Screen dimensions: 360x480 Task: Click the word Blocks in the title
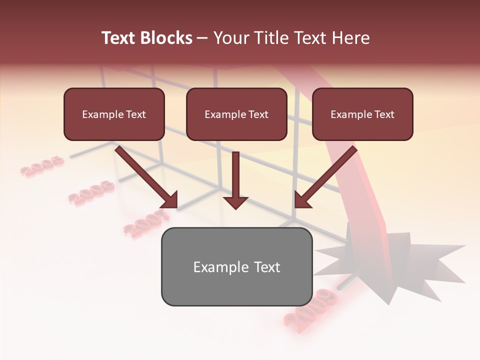pyautogui.click(x=166, y=38)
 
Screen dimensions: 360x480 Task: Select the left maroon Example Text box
pyautogui.click(x=114, y=114)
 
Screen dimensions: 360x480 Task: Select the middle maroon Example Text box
pyautogui.click(x=236, y=114)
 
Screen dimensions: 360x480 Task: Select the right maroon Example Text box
pyautogui.click(x=362, y=114)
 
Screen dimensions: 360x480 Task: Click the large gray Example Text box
pyautogui.click(x=236, y=267)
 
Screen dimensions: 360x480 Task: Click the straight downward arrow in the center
pyautogui.click(x=235, y=180)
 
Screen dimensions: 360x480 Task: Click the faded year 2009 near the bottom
pyautogui.click(x=310, y=310)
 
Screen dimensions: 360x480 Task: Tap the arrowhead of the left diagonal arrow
pyautogui.click(x=170, y=200)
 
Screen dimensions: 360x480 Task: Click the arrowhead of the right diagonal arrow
pyautogui.click(x=302, y=200)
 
